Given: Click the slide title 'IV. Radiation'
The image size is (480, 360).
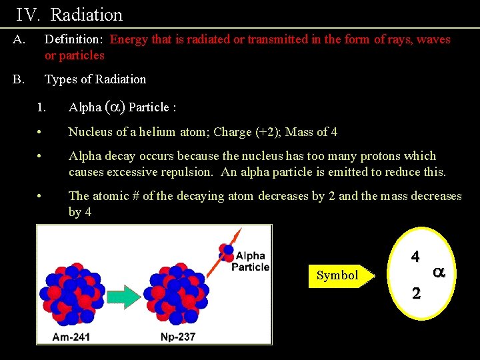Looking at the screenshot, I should coord(69,15).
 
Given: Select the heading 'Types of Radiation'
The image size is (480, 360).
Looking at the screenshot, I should coord(95,79).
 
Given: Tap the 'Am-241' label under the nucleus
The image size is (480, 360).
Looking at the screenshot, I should coord(71,336).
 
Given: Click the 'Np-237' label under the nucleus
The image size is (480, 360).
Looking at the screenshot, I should coord(178,336).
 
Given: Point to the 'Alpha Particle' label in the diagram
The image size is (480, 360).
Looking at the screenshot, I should coord(250,261).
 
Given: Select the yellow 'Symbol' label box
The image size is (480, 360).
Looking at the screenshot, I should coord(339,275).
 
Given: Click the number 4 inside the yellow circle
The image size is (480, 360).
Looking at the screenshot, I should coord(415,256).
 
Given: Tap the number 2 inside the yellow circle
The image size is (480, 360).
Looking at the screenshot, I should coord(415,294).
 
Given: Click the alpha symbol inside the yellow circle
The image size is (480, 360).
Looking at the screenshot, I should coord(439,272).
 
